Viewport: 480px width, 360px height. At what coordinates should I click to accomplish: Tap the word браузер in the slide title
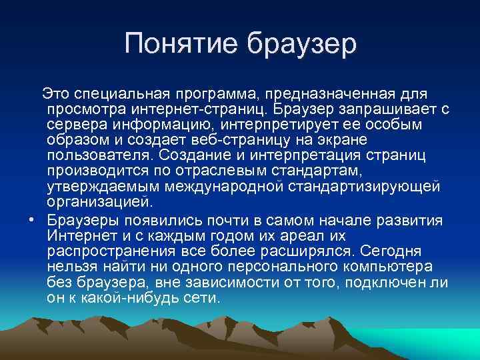(x=303, y=44)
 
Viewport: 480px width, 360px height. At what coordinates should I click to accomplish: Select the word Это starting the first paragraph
(x=55, y=91)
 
